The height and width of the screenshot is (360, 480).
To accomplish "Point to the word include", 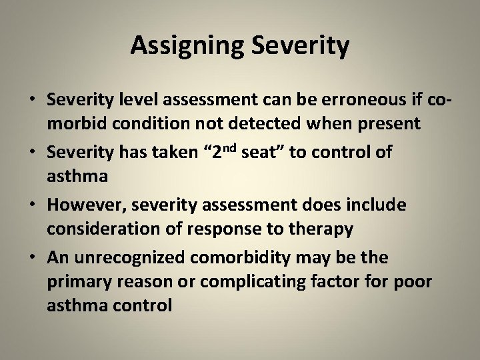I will click(374, 204).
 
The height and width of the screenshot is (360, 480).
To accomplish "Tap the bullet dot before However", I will click(32, 205).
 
